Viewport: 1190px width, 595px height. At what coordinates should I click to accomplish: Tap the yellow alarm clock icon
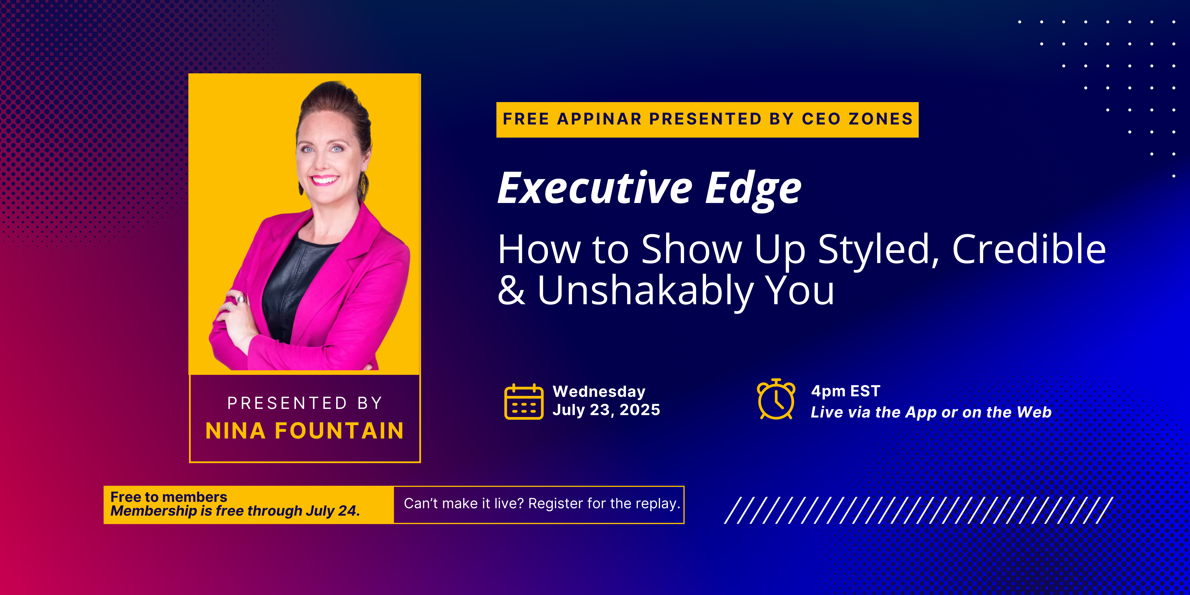click(x=776, y=399)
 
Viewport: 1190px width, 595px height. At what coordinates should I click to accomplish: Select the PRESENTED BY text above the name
click(x=305, y=403)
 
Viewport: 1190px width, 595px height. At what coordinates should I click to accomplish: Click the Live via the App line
click(x=931, y=412)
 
